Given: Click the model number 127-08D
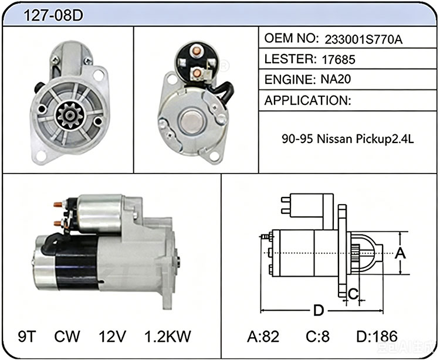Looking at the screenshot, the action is [x=53, y=15].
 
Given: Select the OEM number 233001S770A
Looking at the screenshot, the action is [x=363, y=40].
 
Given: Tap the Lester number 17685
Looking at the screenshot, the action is [x=339, y=59].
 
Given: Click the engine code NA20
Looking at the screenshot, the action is [x=336, y=79].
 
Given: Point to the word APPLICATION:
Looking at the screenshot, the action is [x=307, y=100].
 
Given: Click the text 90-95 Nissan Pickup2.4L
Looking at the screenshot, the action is [x=348, y=139].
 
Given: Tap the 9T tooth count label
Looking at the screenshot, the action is [x=27, y=336].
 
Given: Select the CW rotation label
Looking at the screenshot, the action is [x=67, y=336].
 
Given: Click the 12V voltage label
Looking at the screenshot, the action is [x=112, y=336].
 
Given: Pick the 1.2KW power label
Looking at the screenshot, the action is [x=168, y=336].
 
